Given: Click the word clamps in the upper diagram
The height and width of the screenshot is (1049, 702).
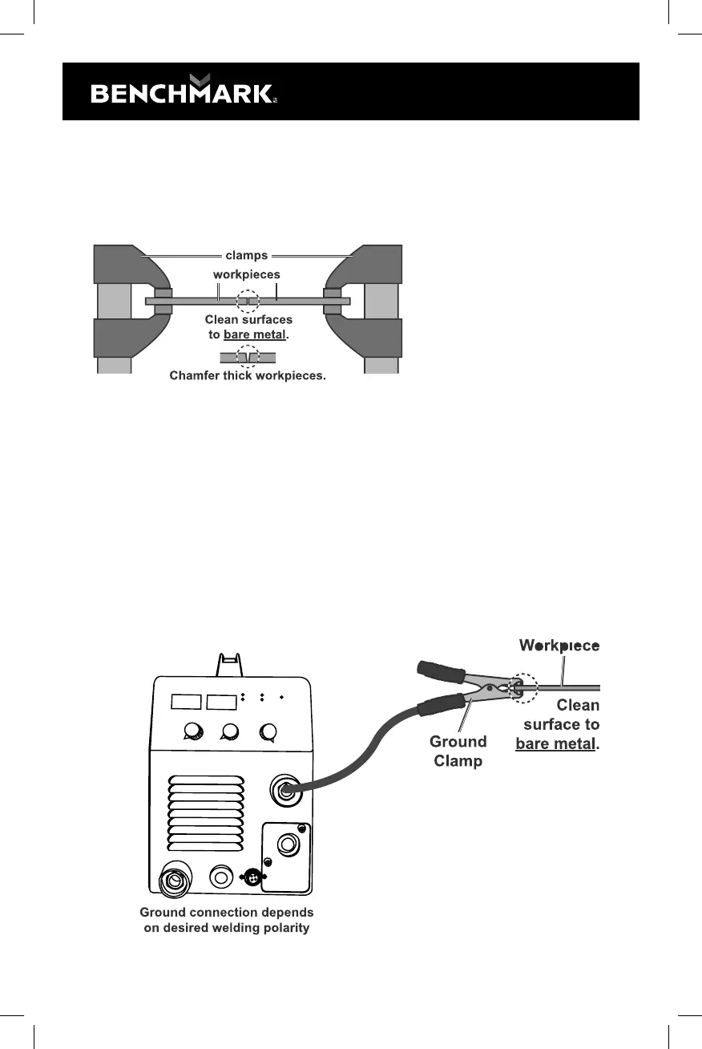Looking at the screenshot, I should click(247, 256).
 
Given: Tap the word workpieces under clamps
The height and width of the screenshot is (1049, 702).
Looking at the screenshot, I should click(247, 274).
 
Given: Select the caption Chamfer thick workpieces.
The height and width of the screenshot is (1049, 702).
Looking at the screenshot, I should click(248, 375).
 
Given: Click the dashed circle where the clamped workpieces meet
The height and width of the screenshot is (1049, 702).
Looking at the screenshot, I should click(248, 302).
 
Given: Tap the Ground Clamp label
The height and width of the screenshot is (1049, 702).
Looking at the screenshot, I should click(458, 751).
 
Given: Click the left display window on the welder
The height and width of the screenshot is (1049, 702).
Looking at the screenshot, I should click(185, 703).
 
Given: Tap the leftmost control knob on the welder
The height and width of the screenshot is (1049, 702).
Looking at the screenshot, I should click(192, 731).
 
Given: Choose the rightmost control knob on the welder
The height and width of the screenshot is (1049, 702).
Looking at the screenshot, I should click(268, 731).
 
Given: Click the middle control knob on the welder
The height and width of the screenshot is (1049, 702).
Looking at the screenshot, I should click(231, 731).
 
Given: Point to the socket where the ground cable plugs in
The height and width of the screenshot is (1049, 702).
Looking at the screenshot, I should click(284, 790).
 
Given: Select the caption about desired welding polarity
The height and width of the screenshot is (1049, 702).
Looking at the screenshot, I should click(227, 920).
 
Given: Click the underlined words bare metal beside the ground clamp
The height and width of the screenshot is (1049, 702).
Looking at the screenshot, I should click(555, 743).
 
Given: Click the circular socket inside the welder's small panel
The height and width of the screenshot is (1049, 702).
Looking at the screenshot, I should click(288, 844).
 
